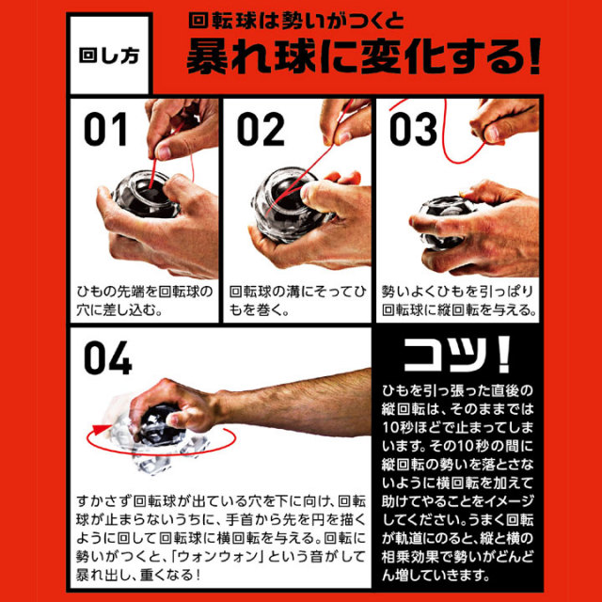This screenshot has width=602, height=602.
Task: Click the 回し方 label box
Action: tap(109, 54)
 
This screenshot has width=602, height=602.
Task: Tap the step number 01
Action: tap(105, 130)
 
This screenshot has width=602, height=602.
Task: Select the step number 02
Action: tap(261, 130)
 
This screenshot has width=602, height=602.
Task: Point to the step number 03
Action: tap(413, 130)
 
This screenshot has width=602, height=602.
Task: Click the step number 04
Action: tap(108, 358)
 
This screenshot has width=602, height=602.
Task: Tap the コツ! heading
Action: tap(457, 355)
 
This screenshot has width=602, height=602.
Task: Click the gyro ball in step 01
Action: tap(146, 194)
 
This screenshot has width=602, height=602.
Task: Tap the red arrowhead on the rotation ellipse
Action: tap(101, 429)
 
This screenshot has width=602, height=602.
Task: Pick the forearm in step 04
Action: tap(295, 405)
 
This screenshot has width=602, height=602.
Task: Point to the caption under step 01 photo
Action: tap(144, 300)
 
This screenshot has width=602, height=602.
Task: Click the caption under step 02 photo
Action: tap(297, 300)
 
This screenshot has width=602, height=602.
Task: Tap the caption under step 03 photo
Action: tap(459, 300)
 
